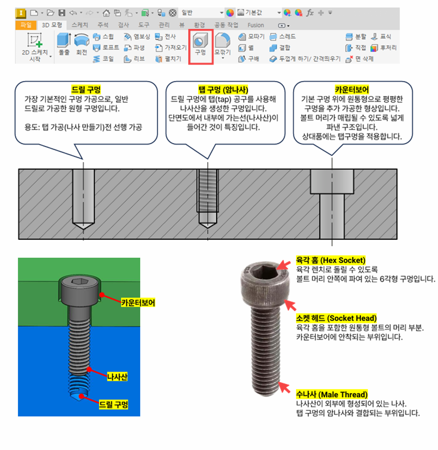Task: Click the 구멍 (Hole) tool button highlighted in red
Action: (200, 46)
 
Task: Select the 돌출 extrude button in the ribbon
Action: (64, 44)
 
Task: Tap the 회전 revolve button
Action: (82, 44)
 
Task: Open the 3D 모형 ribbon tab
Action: (52, 25)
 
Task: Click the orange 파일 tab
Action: (26, 25)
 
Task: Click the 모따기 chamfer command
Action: (252, 37)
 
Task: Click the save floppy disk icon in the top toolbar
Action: (62, 13)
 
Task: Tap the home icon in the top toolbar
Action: (106, 13)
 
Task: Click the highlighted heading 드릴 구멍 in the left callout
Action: (86, 90)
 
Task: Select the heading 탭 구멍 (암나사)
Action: (223, 90)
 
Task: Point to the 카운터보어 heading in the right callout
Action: (351, 90)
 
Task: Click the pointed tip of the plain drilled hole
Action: (83, 229)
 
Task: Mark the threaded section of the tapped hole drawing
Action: (208, 191)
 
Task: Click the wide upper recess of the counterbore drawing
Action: (332, 181)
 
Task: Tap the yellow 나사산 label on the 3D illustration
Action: (117, 377)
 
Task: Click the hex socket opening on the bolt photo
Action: (264, 271)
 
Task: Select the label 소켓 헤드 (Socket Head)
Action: (336, 318)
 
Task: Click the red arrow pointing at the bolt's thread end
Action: (284, 387)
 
